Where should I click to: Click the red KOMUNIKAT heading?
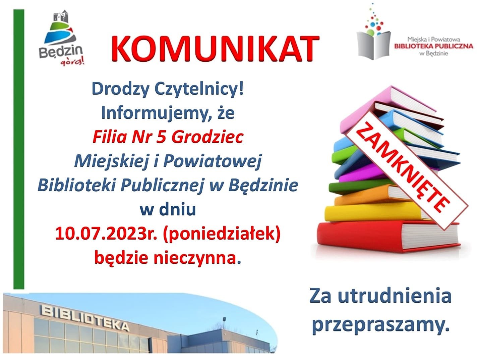click(215, 49)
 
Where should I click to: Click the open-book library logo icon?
click(373, 32)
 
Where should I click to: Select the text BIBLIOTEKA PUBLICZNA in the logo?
click(434, 46)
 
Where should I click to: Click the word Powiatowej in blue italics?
click(212, 161)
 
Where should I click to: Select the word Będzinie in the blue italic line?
click(263, 185)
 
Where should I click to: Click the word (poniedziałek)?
click(222, 234)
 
